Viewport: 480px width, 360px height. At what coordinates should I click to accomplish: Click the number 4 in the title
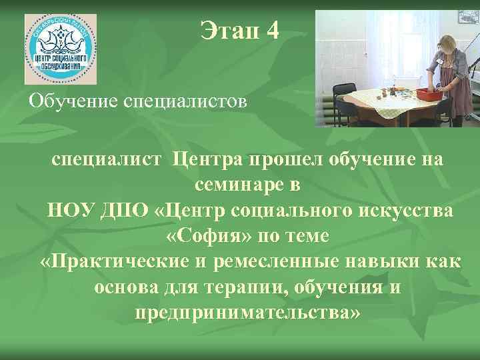(x=271, y=31)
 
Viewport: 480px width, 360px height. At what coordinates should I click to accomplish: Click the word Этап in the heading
(x=225, y=31)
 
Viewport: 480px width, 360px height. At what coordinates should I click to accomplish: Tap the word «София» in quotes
(x=203, y=236)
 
